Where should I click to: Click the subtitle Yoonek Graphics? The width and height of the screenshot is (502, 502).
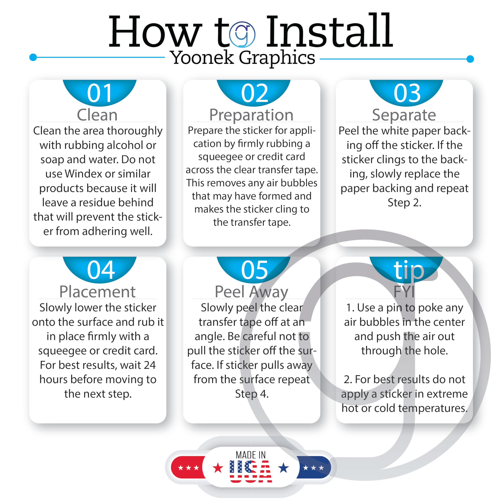click(242, 58)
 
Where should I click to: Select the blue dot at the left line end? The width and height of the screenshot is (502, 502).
click(33, 57)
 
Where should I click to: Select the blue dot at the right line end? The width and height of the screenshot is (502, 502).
click(470, 59)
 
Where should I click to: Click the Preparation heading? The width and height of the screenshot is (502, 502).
click(251, 115)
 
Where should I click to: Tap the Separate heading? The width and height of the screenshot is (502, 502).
click(404, 115)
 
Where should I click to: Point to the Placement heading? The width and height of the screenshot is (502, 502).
click(97, 292)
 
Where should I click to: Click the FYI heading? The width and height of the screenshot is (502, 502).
click(404, 292)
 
